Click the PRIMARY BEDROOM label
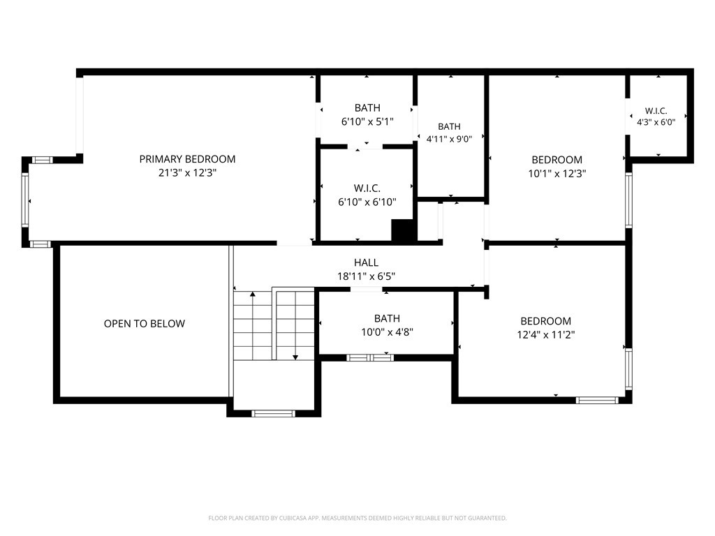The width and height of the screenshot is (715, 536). tap(187, 159)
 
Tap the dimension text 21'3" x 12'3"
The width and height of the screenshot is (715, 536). tap(187, 173)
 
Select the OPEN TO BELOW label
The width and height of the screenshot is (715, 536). tap(145, 324)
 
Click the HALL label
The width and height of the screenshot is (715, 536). tap(366, 262)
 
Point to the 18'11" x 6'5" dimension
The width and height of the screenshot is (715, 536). tap(366, 276)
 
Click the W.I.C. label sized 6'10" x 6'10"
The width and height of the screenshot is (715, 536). tap(367, 188)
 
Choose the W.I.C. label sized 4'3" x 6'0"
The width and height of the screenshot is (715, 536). tap(656, 111)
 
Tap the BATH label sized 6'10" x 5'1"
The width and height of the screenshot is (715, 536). tap(367, 108)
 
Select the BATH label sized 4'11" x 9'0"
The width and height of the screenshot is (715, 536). tap(449, 127)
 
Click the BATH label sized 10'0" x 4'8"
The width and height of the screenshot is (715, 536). tap(387, 318)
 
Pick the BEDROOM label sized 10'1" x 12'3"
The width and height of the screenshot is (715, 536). tap(556, 160)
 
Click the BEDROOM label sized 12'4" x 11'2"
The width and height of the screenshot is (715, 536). tap(546, 321)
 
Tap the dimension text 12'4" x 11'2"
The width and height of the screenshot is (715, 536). tap(546, 335)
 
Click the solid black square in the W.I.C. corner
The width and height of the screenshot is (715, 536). tap(403, 230)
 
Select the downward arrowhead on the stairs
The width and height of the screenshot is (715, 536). tap(295, 357)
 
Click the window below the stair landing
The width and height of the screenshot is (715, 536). tap(274, 414)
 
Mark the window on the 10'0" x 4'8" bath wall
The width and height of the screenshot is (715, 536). tap(370, 358)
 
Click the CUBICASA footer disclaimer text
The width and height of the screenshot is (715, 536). tap(357, 519)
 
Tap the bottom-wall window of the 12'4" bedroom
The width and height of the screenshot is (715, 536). tap(597, 400)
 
